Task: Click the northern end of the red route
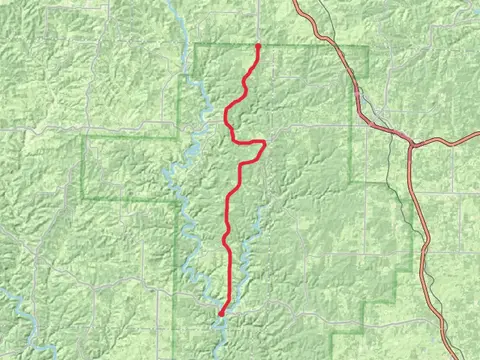coord(259,46)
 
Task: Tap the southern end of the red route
coord(220,314)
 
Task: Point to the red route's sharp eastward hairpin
coord(265,143)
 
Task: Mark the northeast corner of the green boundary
coord(367,46)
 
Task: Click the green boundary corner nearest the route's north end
coord(194,46)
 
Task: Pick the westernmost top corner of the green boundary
coord(82,136)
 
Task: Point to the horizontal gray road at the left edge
coord(20,128)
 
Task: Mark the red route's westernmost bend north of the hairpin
coord(227,118)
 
